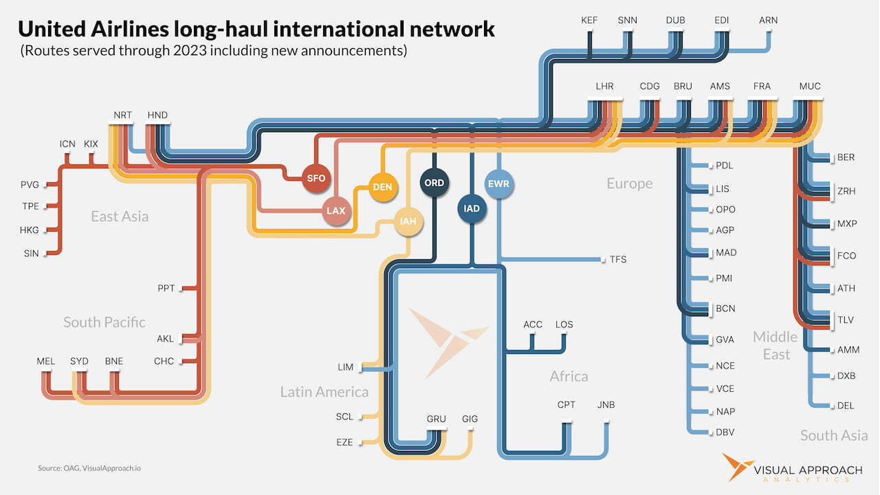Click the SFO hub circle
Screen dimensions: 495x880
tap(316, 178)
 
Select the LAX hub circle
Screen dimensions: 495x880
tap(335, 210)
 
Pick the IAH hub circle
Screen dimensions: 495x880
tap(408, 221)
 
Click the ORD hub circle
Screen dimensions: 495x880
tap(434, 183)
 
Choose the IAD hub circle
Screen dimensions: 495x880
tap(472, 208)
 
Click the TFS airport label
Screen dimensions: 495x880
tap(618, 259)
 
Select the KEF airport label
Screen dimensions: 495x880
tap(589, 20)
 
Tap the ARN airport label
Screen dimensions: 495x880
tap(768, 20)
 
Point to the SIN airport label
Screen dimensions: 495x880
tap(31, 253)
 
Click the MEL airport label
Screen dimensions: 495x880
tap(46, 361)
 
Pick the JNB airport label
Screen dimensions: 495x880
tap(606, 404)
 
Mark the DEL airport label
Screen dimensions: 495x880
tap(846, 406)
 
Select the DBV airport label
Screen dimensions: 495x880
tap(725, 432)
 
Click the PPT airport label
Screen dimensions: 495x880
tap(166, 288)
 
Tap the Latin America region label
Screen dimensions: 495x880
tap(324, 392)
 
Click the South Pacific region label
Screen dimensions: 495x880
tap(104, 322)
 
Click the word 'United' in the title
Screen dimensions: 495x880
tap(52, 29)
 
